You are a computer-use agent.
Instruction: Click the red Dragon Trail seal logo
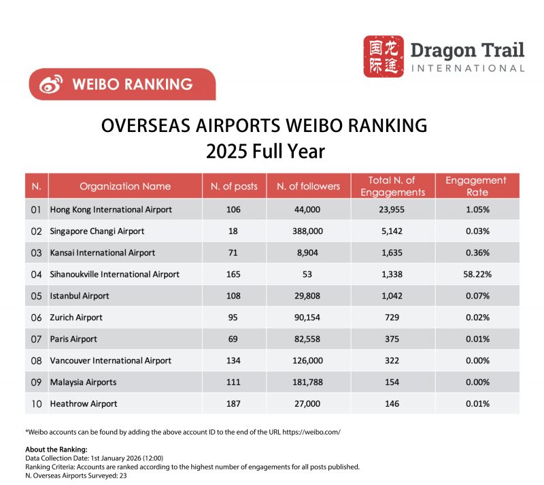384,56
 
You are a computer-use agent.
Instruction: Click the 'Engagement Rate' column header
475,186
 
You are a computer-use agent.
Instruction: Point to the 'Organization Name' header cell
125,186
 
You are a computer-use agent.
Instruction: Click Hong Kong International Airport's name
111,209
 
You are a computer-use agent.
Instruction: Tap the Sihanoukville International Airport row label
115,274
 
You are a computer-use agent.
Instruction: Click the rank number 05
37,296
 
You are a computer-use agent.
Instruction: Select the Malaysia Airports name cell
83,382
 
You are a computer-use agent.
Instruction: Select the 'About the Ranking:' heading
56,450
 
